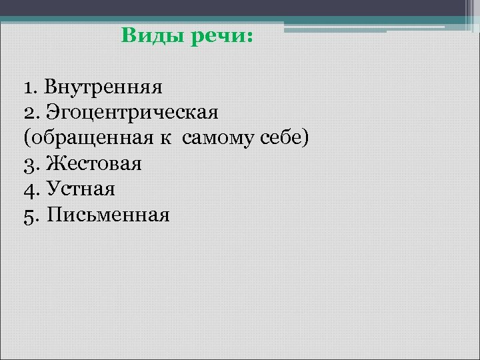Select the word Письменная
coord(109,215)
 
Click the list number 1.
coord(27,86)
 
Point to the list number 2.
coord(28,112)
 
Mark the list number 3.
coord(28,164)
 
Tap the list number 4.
coord(28,190)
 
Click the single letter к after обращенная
coord(163,138)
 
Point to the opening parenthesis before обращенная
coord(26,138)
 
